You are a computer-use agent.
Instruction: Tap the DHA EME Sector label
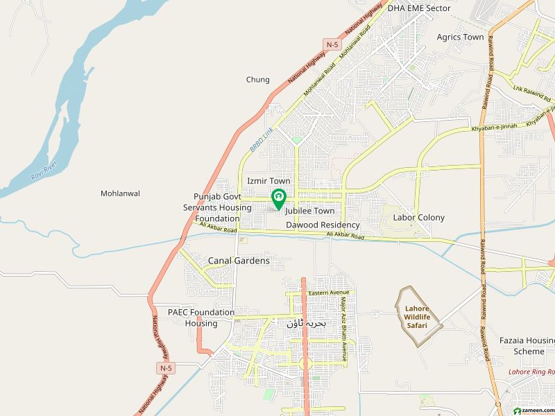(419, 8)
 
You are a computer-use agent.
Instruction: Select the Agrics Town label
(460, 37)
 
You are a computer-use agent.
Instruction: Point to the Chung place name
(257, 80)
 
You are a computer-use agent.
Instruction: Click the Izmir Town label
(268, 181)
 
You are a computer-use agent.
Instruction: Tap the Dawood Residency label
(323, 225)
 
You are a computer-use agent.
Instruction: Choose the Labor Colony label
(418, 217)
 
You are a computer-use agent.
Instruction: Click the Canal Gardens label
(239, 261)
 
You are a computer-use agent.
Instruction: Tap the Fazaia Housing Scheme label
(527, 346)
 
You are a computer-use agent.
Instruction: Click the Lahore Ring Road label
(529, 372)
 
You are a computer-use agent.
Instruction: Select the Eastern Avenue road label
(329, 293)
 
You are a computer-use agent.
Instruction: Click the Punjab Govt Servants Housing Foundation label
(212, 207)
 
